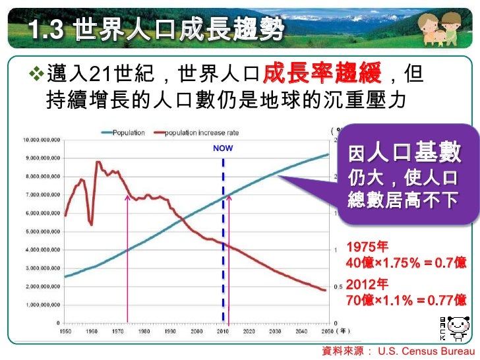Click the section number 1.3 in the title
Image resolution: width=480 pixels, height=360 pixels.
click(47, 29)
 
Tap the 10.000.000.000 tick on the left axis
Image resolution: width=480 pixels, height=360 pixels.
click(42, 140)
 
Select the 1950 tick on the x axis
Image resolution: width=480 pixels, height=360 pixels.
click(65, 331)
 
